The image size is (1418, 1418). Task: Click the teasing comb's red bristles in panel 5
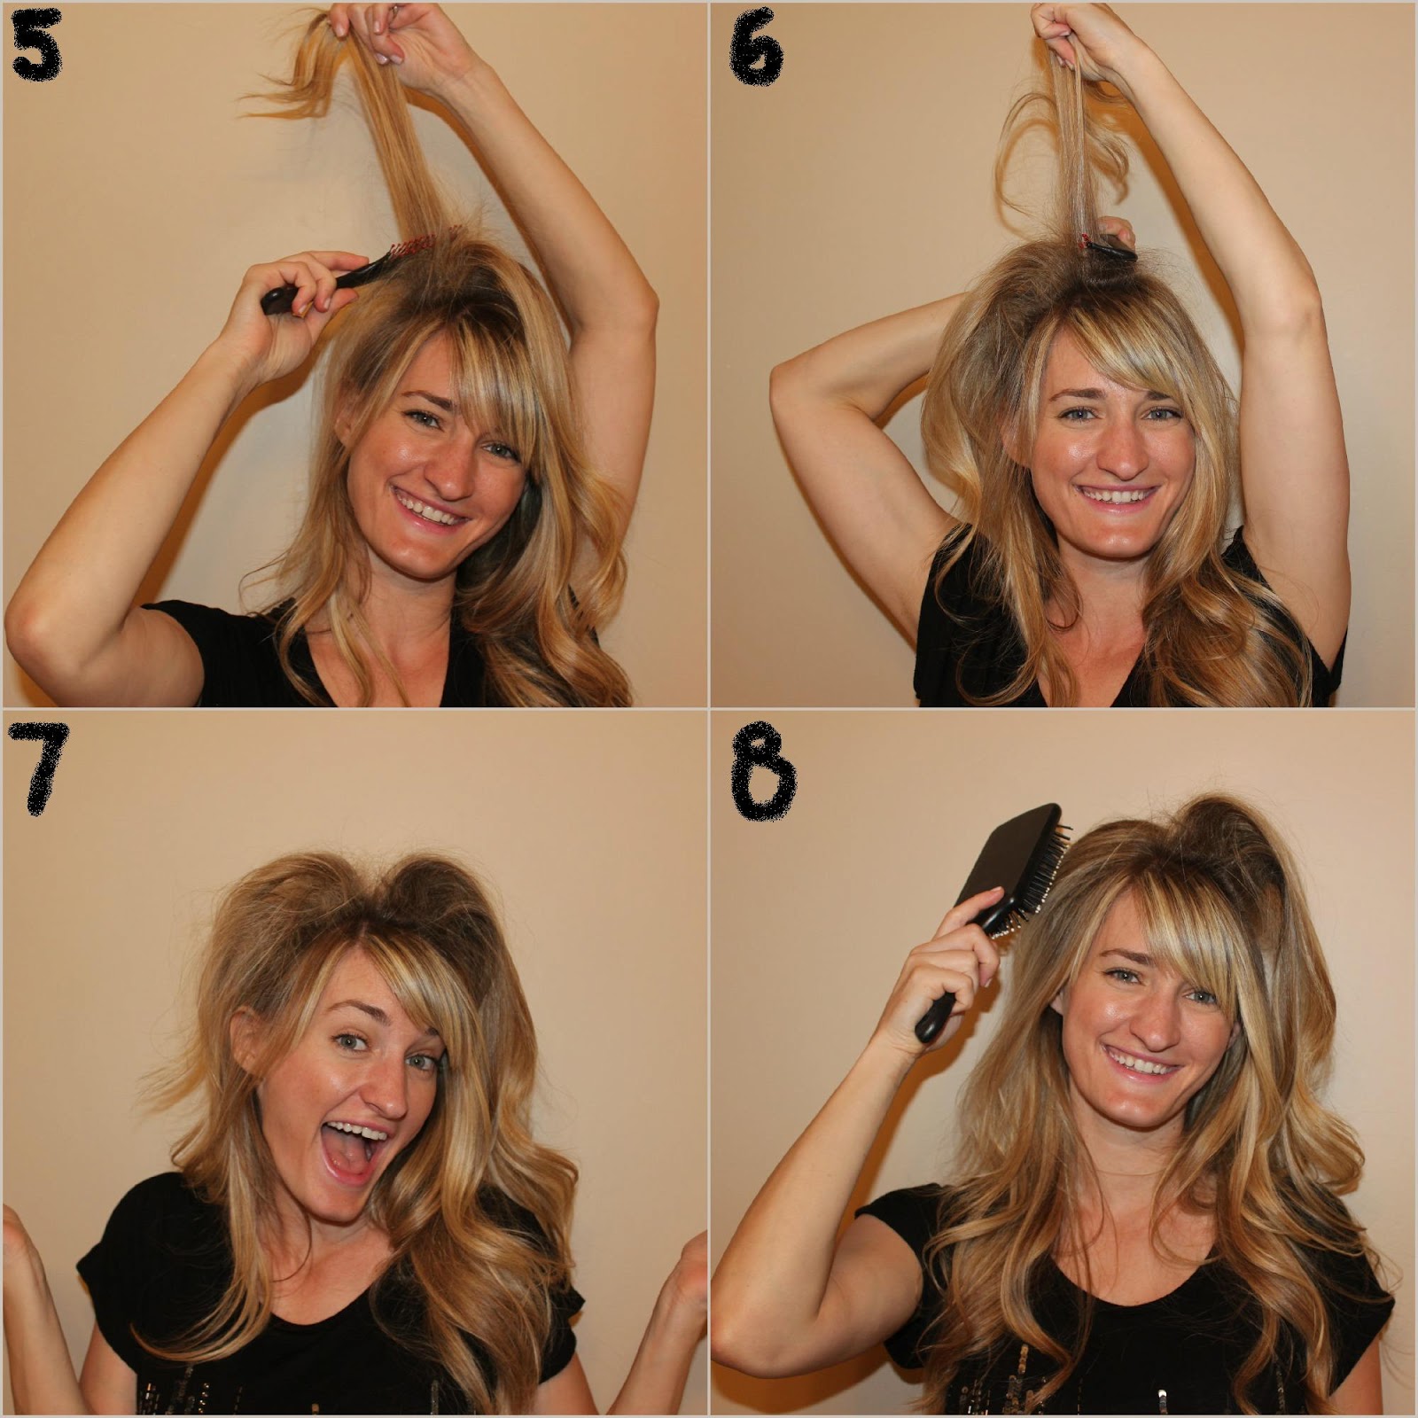[x=432, y=238]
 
